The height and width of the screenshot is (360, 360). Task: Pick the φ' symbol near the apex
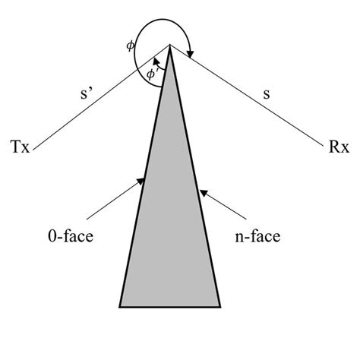tap(151, 73)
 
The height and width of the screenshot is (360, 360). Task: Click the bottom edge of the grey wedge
tap(170, 307)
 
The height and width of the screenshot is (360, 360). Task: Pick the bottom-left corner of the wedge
tap(120, 307)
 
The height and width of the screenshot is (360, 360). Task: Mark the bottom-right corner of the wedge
tap(220, 307)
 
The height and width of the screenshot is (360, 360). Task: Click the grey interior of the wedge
tap(170, 228)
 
